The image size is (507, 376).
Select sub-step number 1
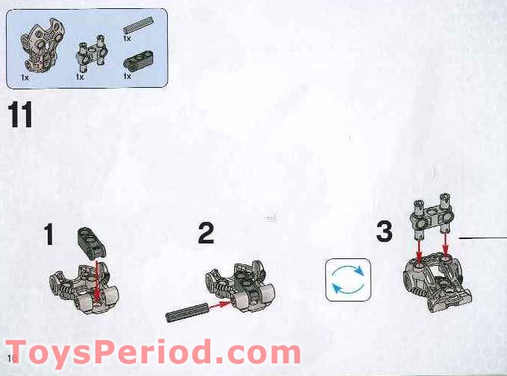pyautogui.click(x=49, y=235)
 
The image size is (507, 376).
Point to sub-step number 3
pyautogui.click(x=384, y=232)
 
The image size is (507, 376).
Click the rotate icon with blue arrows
pyautogui.click(x=348, y=279)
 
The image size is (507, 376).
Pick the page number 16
pyautogui.click(x=10, y=360)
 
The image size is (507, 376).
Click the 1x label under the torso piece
pyautogui.click(x=25, y=77)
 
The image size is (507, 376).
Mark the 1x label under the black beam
pyautogui.click(x=127, y=76)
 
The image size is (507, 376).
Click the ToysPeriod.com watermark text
pyautogui.click(x=152, y=351)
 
